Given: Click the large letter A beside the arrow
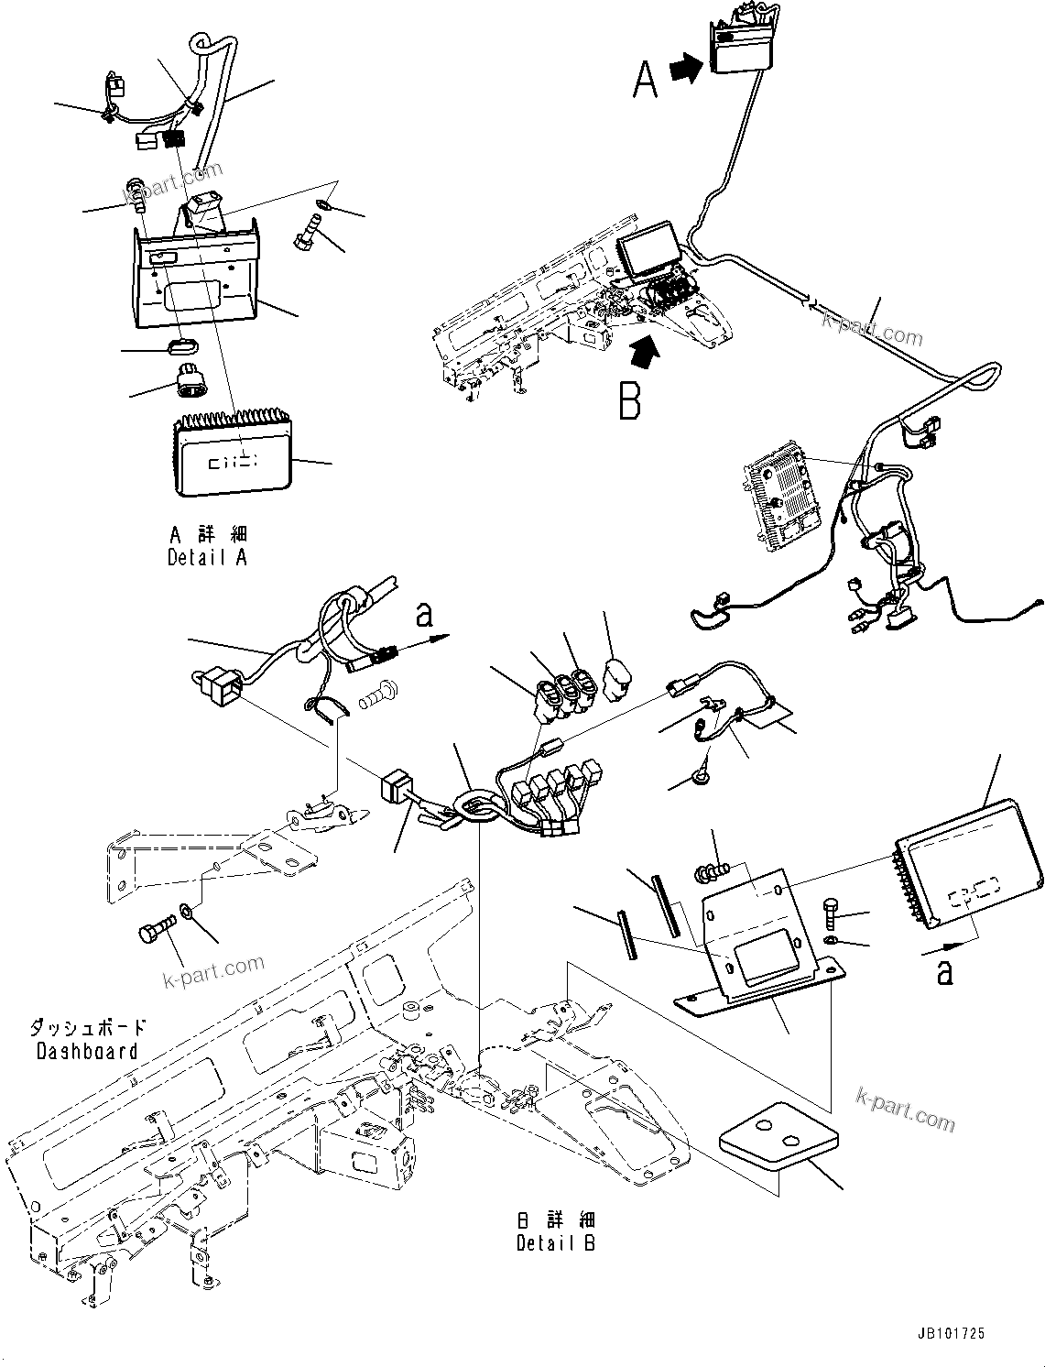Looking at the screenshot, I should pos(646,78).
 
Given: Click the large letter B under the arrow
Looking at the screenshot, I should pos(630,399).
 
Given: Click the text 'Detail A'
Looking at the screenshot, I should pos(207,557).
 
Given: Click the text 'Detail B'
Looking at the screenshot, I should pos(555,1243).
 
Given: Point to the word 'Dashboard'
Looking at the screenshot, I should pos(87,1052).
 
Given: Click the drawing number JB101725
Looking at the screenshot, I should pos(948,1335).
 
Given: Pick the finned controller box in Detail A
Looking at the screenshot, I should pos(234,455).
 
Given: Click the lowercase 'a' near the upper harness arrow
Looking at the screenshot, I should pos(423,615).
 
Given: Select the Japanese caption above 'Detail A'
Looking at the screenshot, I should pos(209,534).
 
